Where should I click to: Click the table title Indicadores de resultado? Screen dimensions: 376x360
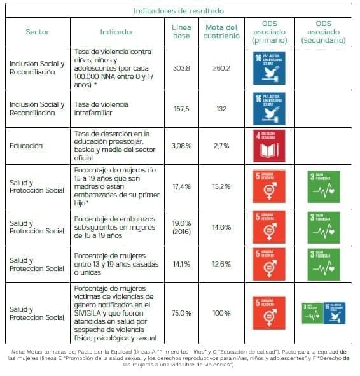click(178, 10)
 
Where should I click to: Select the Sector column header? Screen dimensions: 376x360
click(37, 31)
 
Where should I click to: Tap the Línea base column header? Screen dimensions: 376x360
click(181, 31)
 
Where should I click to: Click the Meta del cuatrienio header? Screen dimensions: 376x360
click(221, 31)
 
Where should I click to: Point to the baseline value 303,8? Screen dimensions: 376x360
click(181, 67)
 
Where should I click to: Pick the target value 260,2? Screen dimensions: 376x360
click(221, 67)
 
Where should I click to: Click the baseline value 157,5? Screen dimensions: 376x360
click(181, 109)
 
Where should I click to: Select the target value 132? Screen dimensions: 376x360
click(221, 109)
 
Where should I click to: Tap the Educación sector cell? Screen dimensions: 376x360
click(26, 146)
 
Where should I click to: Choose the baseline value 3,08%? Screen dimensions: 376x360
click(181, 146)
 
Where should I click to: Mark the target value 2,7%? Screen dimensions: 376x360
click(221, 146)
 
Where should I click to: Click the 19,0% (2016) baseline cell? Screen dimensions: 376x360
click(181, 226)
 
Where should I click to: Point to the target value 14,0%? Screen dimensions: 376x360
click(221, 226)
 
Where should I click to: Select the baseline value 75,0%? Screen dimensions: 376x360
click(181, 313)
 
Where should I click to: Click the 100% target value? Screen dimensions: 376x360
click(221, 313)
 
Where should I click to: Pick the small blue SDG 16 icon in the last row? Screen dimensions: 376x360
click(334, 313)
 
